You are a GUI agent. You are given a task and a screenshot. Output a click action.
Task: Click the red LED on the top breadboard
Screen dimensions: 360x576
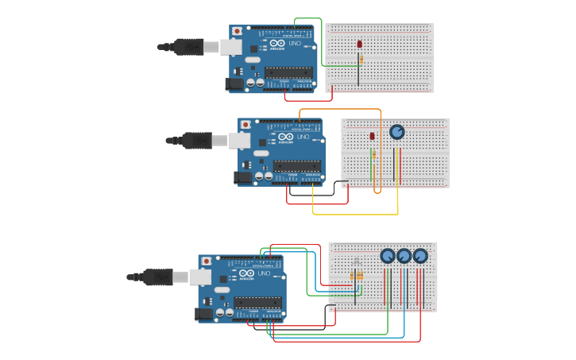pos(359,45)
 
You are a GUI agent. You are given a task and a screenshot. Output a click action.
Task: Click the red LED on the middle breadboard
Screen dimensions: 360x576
pos(372,137)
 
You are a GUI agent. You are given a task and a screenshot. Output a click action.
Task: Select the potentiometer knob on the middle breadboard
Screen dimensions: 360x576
pos(396,132)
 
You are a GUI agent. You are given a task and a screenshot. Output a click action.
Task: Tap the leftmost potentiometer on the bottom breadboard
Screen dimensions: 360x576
pos(387,256)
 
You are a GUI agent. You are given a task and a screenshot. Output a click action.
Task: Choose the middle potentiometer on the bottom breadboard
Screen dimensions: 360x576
pos(404,256)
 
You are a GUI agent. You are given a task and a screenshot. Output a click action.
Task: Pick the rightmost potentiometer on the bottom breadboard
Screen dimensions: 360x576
pos(419,256)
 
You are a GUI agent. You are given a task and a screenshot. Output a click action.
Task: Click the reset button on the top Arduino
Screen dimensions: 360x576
pos(237,31)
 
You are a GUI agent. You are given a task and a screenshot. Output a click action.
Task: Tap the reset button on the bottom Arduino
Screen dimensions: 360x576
pos(206,261)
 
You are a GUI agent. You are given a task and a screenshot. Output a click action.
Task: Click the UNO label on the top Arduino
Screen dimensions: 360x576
pos(294,44)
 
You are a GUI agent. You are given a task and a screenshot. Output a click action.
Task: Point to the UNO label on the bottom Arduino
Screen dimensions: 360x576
pos(263,273)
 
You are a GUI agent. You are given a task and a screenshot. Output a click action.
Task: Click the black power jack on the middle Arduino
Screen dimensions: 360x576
pos(242,177)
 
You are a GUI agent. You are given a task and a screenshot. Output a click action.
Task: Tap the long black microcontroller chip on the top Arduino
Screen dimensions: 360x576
pos(288,72)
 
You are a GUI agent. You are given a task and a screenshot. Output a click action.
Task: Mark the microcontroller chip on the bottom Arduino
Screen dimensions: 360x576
pos(257,302)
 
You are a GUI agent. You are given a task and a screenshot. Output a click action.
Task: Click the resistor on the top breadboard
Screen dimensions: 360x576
pos(361,60)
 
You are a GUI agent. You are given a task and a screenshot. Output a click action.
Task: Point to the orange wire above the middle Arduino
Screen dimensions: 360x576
pos(342,110)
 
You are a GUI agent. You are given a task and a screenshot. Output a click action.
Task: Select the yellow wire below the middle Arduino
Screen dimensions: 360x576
pos(358,214)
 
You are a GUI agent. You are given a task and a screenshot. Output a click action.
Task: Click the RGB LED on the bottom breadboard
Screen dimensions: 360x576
pos(356,261)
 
